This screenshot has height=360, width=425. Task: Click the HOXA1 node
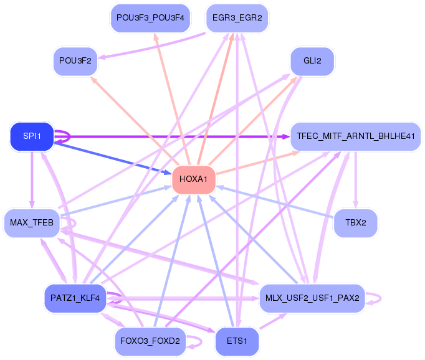coord(194,180)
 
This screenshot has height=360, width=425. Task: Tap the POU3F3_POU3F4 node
coord(150,17)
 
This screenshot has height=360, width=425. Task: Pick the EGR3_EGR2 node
coord(237,17)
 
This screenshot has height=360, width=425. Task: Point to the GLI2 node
coord(312,60)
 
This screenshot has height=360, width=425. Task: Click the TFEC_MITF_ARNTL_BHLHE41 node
coord(356,136)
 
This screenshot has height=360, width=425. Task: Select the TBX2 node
coord(356,222)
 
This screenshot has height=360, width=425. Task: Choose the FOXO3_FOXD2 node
coord(150,341)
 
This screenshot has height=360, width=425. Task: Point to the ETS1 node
coord(237,341)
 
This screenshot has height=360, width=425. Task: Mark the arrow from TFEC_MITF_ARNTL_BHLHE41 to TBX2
coord(356,181)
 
